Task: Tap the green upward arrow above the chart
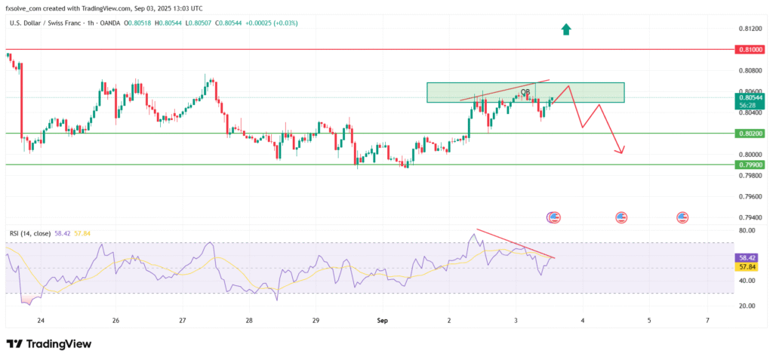(x=565, y=29)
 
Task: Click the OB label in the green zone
(x=525, y=92)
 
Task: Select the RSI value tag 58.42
(x=744, y=257)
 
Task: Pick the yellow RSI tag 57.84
(x=744, y=267)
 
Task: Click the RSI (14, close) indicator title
(x=29, y=234)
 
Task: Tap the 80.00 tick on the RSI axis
(x=747, y=230)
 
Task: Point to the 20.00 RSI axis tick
(x=747, y=306)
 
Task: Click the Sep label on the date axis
(x=382, y=321)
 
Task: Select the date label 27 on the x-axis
(x=183, y=321)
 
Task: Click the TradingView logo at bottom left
(x=48, y=344)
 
